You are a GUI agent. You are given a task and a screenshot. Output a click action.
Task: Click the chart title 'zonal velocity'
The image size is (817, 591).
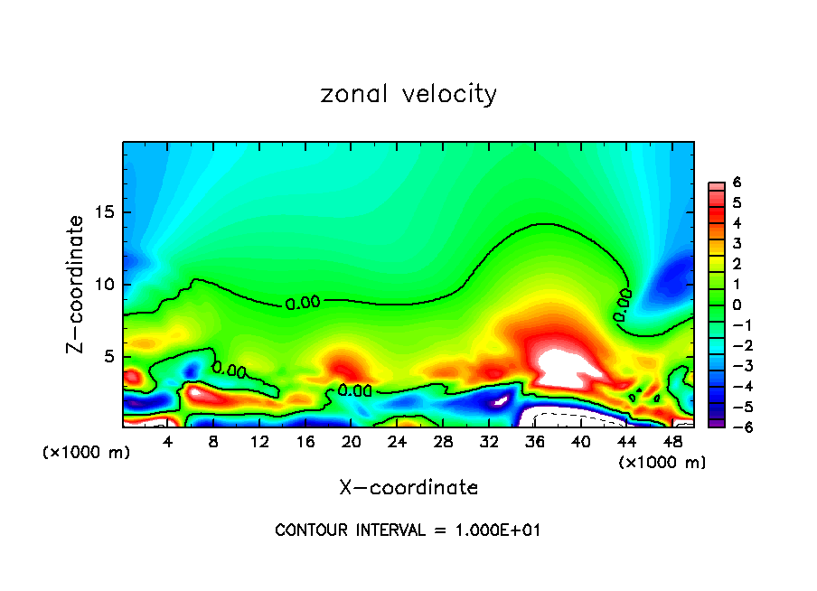click(x=408, y=94)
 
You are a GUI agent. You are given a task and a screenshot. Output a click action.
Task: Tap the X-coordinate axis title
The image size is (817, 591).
click(x=408, y=488)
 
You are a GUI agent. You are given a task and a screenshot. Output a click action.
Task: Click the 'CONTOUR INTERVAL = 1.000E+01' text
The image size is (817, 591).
click(x=408, y=530)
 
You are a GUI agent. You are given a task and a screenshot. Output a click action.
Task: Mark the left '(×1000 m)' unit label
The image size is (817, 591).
click(x=86, y=453)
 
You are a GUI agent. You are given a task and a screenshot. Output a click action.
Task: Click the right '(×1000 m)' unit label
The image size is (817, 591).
click(x=662, y=463)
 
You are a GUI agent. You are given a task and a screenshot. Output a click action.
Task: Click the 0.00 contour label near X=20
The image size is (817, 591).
click(x=354, y=390)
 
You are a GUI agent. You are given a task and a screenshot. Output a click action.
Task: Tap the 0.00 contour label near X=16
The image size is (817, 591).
click(x=303, y=304)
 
